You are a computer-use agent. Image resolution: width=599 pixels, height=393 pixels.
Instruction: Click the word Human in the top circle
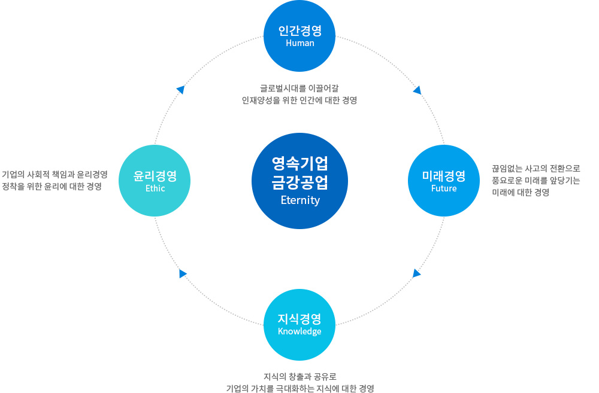pos(300,42)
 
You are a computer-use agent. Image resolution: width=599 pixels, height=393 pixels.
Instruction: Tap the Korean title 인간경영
pos(300,31)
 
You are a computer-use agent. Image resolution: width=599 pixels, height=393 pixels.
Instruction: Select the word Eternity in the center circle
pos(300,200)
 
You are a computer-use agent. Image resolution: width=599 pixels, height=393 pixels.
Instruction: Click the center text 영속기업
pos(300,163)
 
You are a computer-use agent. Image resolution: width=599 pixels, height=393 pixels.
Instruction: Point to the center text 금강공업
pos(300,182)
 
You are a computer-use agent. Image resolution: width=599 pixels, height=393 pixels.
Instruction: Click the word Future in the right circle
pos(444,188)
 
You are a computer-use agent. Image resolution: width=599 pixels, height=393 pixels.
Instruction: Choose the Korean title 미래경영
pos(444,176)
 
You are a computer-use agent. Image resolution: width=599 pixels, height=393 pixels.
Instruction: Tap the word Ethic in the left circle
pos(155,188)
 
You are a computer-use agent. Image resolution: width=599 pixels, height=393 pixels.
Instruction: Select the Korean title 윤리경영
pos(155,176)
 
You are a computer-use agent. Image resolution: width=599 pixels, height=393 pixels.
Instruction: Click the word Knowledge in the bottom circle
pos(299,331)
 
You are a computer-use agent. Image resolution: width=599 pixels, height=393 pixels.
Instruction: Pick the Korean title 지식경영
pos(299,319)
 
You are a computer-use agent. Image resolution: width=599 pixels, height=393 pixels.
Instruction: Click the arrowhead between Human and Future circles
pos(418,90)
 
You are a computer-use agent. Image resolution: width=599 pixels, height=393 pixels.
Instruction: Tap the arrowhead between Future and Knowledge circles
pos(416,273)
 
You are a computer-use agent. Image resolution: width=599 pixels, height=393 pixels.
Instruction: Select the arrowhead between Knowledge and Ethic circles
pos(183,273)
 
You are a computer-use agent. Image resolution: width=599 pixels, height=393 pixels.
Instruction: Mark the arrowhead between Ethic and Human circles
pos(181,90)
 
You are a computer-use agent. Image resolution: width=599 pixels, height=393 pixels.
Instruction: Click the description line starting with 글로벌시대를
pos(299,88)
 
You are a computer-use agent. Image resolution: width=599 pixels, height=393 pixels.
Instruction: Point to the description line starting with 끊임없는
pos(536,168)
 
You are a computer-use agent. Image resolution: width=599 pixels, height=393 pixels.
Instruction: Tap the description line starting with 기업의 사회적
pos(55,175)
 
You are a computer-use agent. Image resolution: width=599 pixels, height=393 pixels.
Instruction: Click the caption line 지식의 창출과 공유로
pos(300,377)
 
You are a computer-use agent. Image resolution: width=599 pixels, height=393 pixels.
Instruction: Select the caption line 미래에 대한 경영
pos(521,192)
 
